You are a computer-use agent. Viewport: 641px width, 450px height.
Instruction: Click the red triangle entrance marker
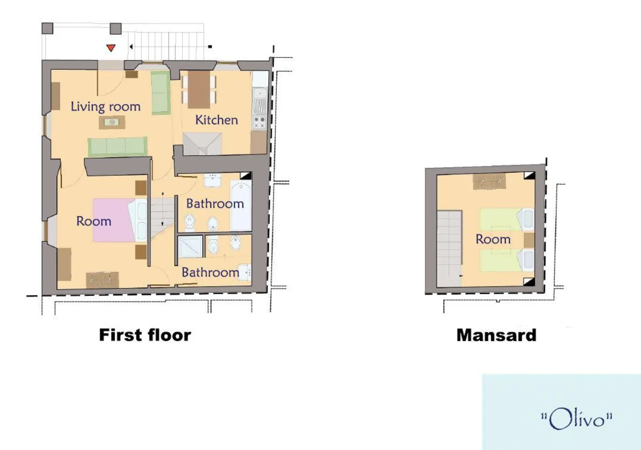[111, 48]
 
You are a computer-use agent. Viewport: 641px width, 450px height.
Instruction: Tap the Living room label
[106, 107]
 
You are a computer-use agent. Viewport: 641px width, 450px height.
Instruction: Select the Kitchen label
[217, 120]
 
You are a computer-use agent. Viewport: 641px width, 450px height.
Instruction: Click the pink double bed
[114, 220]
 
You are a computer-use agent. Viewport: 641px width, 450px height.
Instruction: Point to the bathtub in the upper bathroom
[241, 205]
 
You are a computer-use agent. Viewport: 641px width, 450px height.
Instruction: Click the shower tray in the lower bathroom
[190, 247]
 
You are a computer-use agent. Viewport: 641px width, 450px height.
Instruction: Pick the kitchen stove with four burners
[259, 122]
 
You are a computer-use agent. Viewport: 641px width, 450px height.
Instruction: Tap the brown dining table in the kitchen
[199, 89]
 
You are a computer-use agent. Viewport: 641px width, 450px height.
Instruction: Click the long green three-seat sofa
[117, 147]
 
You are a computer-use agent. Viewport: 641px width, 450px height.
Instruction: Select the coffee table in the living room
[112, 122]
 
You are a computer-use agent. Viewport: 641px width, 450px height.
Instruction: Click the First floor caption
[145, 335]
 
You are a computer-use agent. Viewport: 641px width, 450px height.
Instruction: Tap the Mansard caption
[496, 335]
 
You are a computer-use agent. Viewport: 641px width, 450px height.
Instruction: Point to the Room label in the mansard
[493, 239]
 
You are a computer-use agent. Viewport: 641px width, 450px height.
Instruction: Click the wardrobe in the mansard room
[489, 182]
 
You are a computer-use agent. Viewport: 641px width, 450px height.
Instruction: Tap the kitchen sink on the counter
[260, 93]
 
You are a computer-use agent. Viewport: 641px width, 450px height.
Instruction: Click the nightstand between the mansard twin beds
[529, 240]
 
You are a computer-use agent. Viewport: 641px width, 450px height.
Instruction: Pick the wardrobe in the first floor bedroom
[102, 280]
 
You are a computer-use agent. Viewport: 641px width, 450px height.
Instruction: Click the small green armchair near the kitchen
[160, 93]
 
